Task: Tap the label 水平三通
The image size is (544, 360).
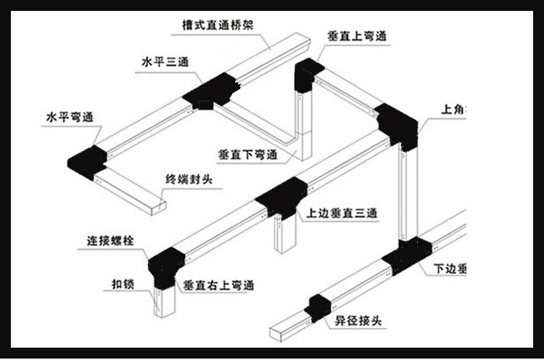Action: pos(165,62)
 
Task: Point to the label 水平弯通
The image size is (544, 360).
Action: pos(70,116)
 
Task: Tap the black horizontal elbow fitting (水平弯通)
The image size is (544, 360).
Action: pos(87,160)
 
